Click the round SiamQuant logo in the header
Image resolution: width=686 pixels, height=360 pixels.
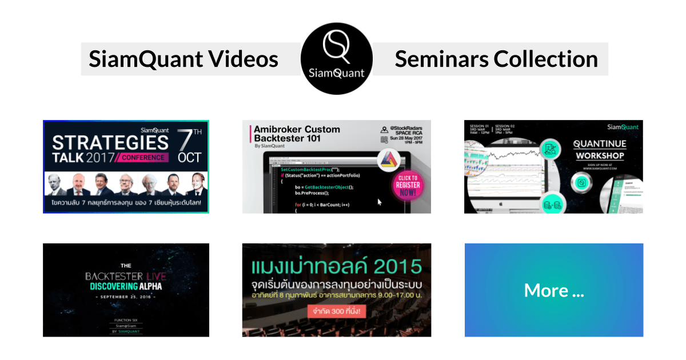coord(337,59)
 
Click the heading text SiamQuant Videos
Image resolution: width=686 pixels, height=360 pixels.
coord(184,59)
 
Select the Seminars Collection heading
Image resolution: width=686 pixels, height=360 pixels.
coord(496,59)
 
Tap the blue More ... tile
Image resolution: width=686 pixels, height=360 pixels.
coord(553,290)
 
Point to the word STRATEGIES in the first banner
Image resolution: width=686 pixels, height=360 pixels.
coord(111,142)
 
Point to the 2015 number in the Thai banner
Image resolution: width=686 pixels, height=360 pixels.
coord(395,266)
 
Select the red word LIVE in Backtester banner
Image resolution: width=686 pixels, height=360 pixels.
coord(155,277)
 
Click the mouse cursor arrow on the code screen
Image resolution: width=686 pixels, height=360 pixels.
coord(380,201)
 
